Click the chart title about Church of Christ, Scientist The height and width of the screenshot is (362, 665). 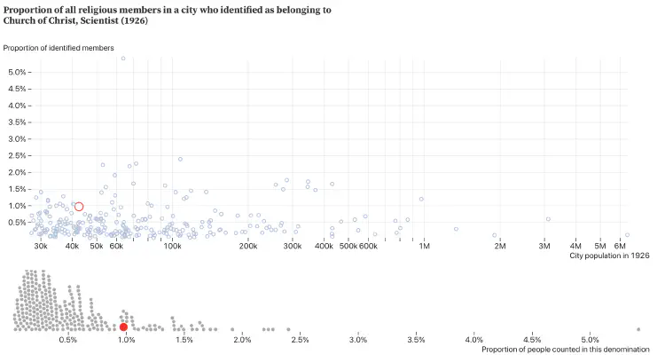point(168,15)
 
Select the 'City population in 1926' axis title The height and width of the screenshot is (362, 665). point(611,256)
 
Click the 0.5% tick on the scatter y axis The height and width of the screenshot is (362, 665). point(16,222)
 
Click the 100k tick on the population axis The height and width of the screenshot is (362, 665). point(173,245)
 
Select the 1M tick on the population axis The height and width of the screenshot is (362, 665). point(424,245)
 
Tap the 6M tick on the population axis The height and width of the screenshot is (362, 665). point(621,245)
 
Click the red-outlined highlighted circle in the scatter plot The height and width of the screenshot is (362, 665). point(79,207)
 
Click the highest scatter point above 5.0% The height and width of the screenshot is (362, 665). point(123,59)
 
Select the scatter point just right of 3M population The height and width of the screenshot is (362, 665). point(548,219)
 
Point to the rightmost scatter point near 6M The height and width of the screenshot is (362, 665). point(652,235)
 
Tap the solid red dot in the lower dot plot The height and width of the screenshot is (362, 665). point(123,327)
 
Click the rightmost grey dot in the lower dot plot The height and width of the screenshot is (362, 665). point(638,328)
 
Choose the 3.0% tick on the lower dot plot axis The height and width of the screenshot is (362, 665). point(358,340)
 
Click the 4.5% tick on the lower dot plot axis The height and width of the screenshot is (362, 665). point(532,340)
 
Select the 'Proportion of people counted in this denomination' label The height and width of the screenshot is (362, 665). point(559,350)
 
